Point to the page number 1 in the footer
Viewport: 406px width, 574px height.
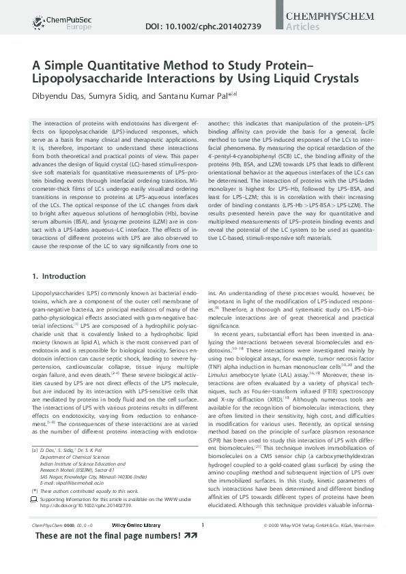[x=203, y=543]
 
